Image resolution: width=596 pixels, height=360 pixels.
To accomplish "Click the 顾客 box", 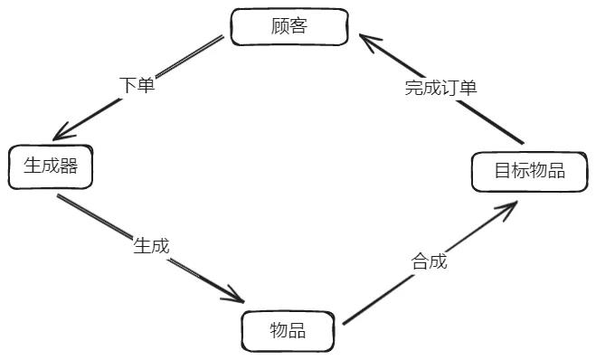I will pyautogui.click(x=289, y=26).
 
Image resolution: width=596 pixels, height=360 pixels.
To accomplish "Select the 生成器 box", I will pyautogui.click(x=51, y=166).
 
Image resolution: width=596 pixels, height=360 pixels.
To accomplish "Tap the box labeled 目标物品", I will pyautogui.click(x=530, y=172).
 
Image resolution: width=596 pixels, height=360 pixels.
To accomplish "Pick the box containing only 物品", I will pyautogui.click(x=288, y=331).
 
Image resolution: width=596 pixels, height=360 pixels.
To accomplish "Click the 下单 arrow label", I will pyautogui.click(x=137, y=85).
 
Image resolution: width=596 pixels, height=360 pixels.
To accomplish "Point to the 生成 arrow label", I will pyautogui.click(x=151, y=245).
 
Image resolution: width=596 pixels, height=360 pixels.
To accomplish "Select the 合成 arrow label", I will pyautogui.click(x=429, y=262).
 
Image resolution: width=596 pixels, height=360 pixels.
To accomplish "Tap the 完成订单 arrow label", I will pyautogui.click(x=440, y=88).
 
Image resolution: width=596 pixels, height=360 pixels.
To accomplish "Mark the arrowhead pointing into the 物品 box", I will pyautogui.click(x=238, y=297).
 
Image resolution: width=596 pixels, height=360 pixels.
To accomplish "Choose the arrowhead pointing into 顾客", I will pyautogui.click(x=364, y=40).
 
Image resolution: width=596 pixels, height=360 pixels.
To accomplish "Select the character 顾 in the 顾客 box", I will pyautogui.click(x=280, y=26).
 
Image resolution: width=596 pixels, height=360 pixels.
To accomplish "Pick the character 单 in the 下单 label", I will pyautogui.click(x=147, y=85).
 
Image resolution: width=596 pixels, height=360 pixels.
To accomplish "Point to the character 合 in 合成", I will pyautogui.click(x=420, y=262).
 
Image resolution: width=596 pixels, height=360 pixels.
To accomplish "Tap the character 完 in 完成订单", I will pyautogui.click(x=413, y=88).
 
